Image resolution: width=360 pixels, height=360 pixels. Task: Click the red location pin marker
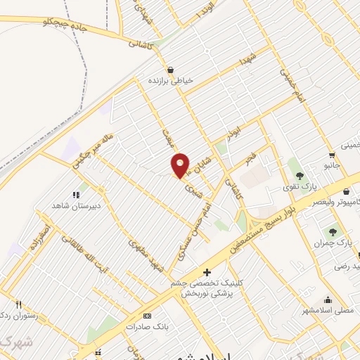181,165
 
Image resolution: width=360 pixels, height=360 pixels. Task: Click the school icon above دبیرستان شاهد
76,194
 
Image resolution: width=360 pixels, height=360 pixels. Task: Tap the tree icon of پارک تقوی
300,175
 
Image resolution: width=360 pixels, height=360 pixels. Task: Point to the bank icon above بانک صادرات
146,316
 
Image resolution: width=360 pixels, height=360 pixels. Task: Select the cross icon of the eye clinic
207,272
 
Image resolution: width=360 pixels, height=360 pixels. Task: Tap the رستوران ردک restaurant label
15,314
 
